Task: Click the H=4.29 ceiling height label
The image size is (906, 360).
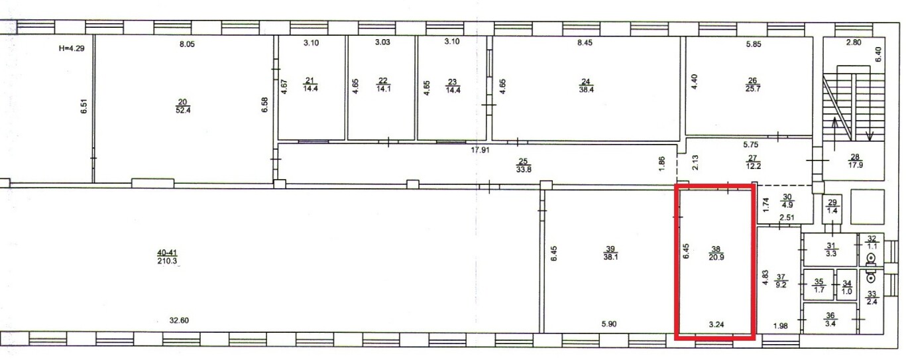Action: coord(72,48)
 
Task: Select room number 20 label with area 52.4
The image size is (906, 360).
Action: coord(183,106)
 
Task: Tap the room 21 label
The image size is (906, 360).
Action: coord(310,85)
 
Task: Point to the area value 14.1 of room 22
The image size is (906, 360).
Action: coord(384,89)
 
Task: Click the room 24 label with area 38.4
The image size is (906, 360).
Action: coord(586,86)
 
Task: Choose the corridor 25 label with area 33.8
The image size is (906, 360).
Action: coord(524,166)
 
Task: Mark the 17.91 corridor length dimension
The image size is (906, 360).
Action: coord(480,150)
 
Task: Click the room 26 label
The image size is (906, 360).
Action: coord(753,85)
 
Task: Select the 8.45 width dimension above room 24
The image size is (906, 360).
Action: coord(585,42)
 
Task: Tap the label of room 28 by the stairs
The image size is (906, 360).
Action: coord(855,161)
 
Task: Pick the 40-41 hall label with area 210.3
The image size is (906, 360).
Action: coord(167,257)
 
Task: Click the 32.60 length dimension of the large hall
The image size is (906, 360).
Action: coord(179,321)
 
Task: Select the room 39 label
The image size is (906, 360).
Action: coord(610,253)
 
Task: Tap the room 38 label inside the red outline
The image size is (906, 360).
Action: coord(716,253)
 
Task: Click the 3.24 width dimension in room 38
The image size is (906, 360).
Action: coord(716,324)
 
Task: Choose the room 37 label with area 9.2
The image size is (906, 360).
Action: coord(781,281)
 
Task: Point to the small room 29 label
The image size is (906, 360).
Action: coord(832,207)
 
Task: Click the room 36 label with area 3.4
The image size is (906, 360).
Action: coord(830,320)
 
